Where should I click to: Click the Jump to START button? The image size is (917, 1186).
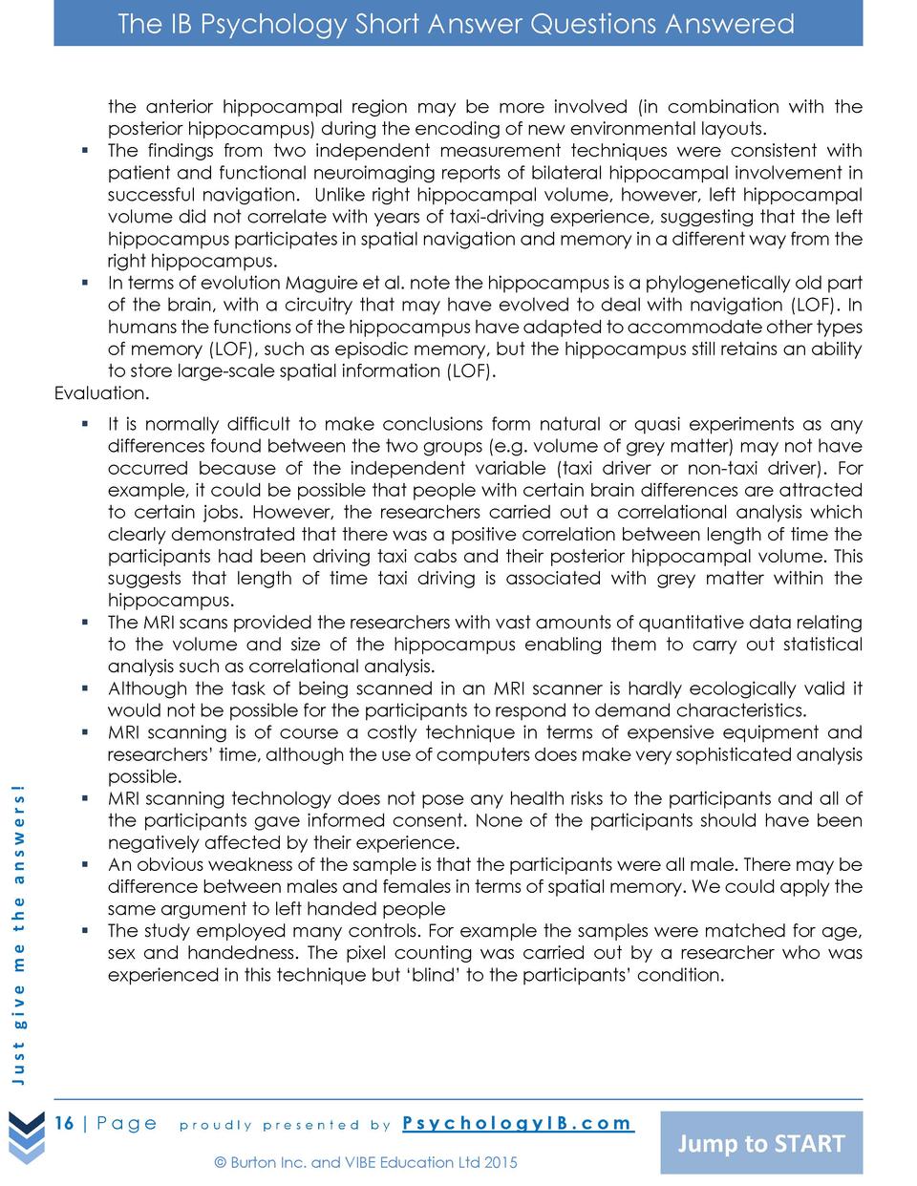point(761,1142)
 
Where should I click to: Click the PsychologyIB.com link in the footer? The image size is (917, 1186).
point(517,1122)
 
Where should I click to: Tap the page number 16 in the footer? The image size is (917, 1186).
point(64,1122)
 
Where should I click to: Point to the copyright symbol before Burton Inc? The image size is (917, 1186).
point(220,1162)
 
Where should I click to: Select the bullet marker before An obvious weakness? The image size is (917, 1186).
point(85,864)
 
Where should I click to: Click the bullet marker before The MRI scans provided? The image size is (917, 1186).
point(85,622)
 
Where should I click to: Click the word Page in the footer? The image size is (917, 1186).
point(127,1122)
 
